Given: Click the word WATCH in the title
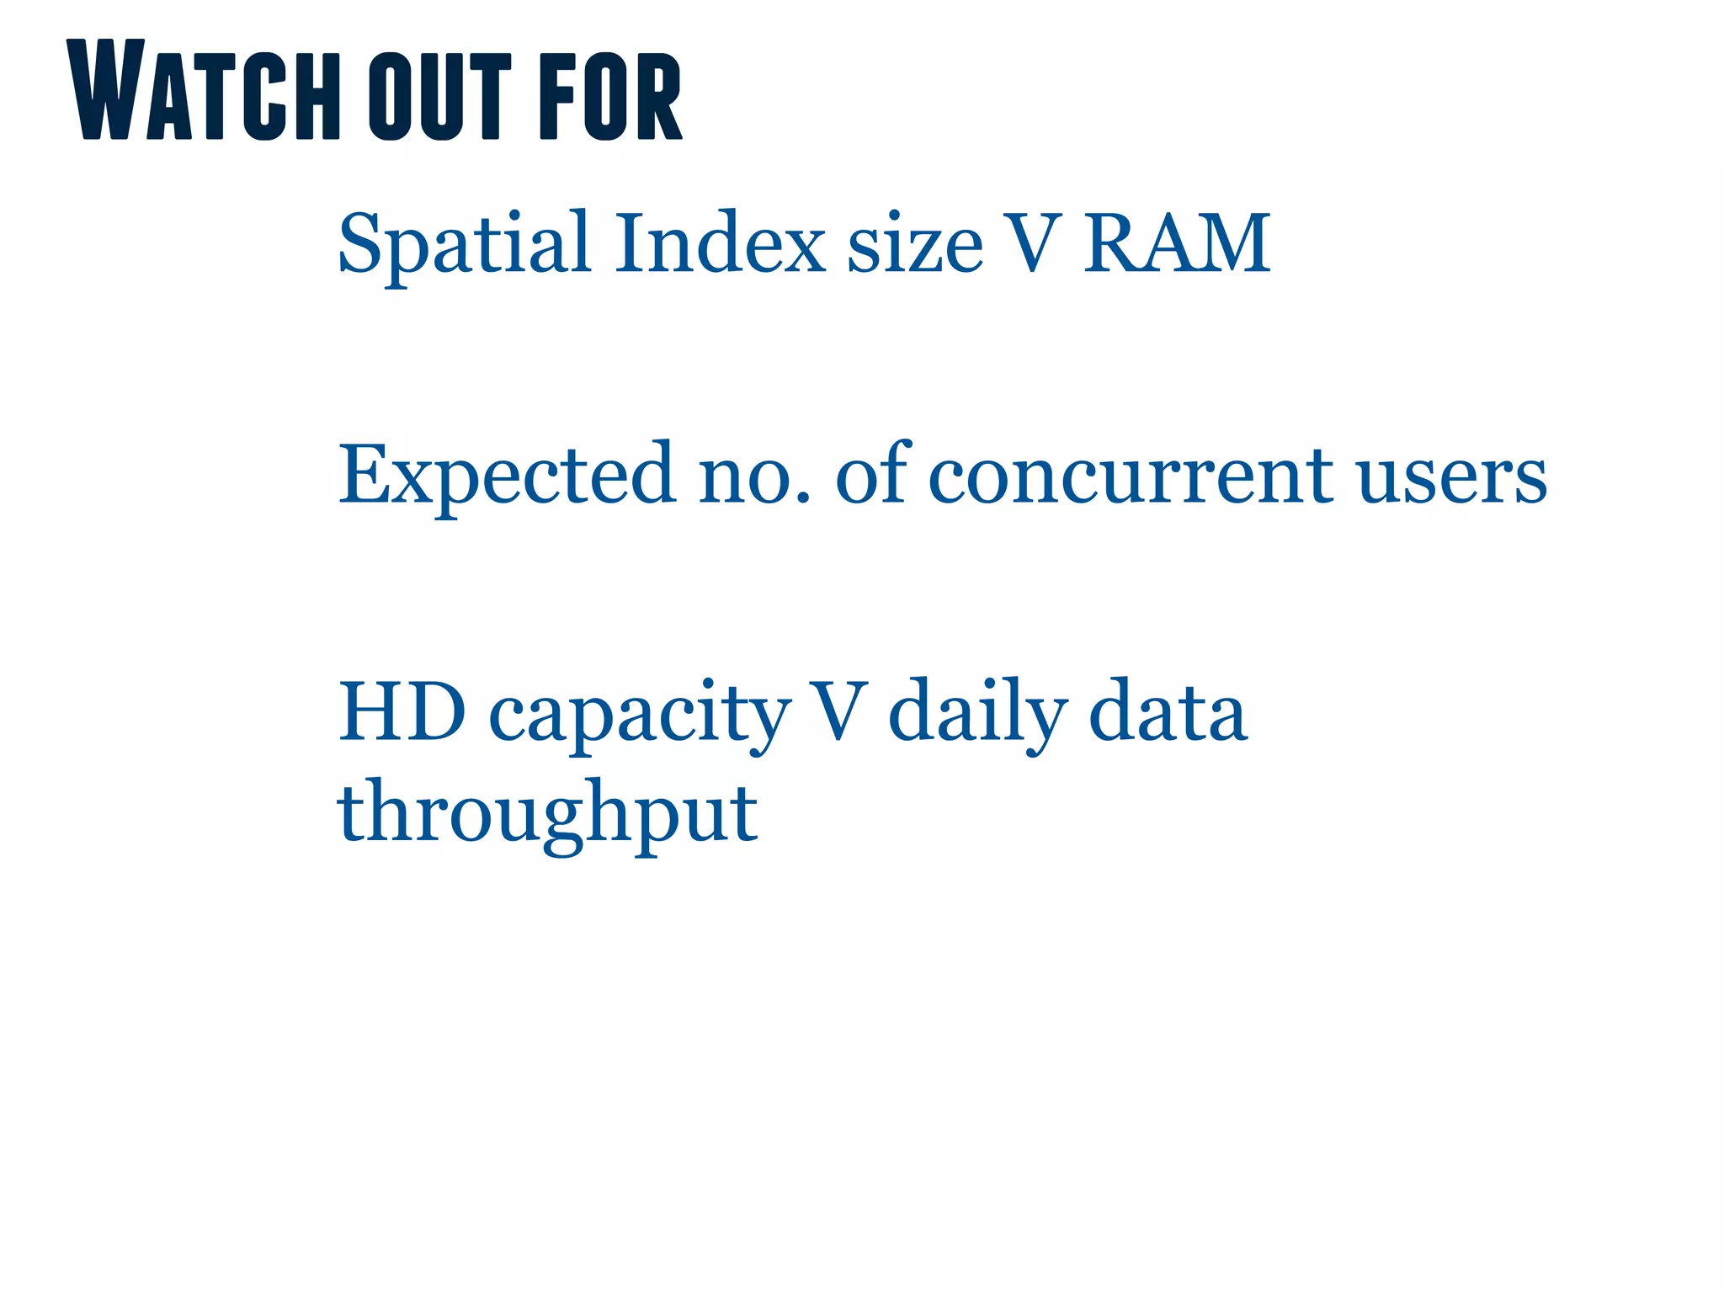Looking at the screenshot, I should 203,91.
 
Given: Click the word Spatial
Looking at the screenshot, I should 464,244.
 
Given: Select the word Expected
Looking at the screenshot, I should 506,476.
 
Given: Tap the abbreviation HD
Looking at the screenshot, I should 402,711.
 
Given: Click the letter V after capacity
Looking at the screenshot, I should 837,711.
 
